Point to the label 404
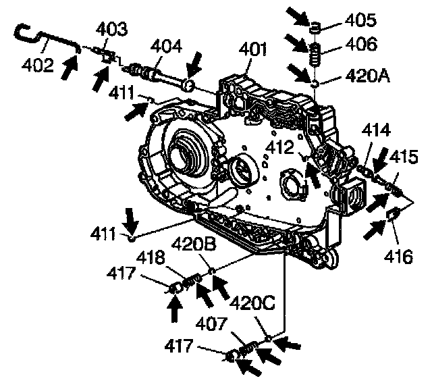coord(166,47)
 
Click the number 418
coord(160,257)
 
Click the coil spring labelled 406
coord(314,52)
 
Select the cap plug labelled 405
coord(315,28)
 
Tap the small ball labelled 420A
coord(315,82)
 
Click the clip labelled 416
coord(391,216)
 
